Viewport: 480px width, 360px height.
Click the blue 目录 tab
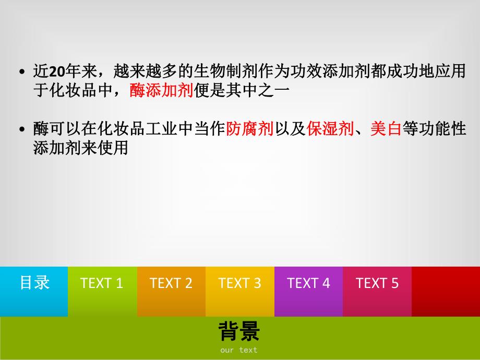point(34,283)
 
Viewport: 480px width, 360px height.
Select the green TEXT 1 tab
point(102,283)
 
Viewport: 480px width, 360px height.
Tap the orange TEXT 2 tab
point(171,283)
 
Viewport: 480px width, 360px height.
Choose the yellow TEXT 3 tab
point(239,283)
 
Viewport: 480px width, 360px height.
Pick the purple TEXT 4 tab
point(308,283)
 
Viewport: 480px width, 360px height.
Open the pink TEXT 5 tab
point(377,283)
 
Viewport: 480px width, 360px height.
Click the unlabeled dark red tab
point(446,283)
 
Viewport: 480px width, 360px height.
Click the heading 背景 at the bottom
point(239,331)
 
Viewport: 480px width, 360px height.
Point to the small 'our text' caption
point(239,350)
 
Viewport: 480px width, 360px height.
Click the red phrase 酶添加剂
point(161,91)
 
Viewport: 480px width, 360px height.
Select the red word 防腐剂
point(250,129)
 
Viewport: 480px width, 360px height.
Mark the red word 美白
point(386,129)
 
